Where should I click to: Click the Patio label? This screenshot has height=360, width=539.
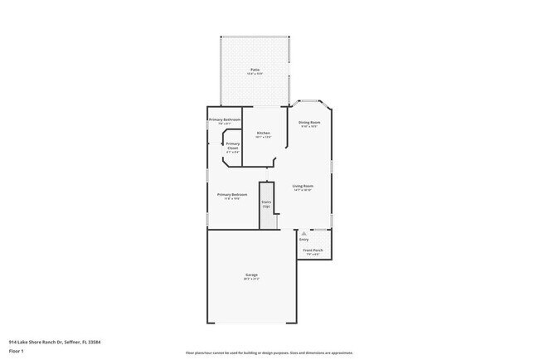click(x=255, y=70)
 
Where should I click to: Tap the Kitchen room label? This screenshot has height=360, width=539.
click(x=263, y=133)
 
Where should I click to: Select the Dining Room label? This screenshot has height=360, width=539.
click(x=309, y=122)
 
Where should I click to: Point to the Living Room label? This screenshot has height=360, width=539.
click(x=303, y=186)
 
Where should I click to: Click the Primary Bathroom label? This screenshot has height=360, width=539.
click(x=224, y=119)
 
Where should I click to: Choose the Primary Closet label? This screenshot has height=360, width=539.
click(x=233, y=145)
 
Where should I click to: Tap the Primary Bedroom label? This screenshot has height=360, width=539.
click(x=232, y=194)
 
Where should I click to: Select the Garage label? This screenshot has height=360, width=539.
click(x=251, y=275)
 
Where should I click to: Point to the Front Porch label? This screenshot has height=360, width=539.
click(x=313, y=250)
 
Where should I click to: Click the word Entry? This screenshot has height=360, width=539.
click(x=304, y=240)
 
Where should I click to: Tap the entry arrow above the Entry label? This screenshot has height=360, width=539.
click(x=304, y=234)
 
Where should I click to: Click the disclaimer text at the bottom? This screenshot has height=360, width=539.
click(x=269, y=353)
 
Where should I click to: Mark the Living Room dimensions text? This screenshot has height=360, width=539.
click(x=303, y=190)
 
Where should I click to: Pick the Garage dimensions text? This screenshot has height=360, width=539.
click(x=251, y=279)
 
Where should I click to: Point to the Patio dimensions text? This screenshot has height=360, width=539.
click(x=255, y=74)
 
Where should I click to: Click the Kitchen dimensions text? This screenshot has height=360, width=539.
click(x=263, y=137)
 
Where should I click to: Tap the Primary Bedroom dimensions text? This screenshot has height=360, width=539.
click(x=232, y=198)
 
